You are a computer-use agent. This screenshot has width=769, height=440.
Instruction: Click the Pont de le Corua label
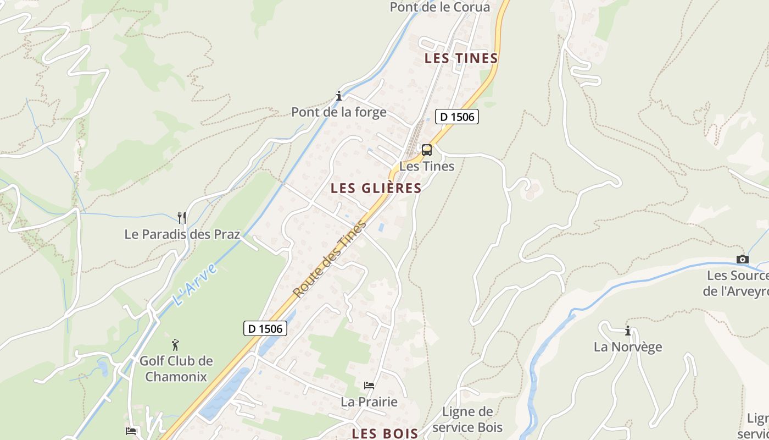pyautogui.click(x=439, y=7)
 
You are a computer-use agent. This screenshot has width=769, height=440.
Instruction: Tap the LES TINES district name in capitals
pyautogui.click(x=461, y=58)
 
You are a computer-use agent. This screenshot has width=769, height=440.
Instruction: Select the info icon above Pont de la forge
pyautogui.click(x=339, y=96)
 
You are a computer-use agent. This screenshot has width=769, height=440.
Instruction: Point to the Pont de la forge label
pyautogui.click(x=338, y=112)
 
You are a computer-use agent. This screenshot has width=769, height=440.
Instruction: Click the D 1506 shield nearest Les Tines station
pyautogui.click(x=457, y=117)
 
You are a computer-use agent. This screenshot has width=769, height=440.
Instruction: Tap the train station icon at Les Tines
pyautogui.click(x=427, y=150)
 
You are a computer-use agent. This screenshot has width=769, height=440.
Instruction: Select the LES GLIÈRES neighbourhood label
pyautogui.click(x=376, y=189)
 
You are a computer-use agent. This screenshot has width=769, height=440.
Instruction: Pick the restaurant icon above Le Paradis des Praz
pyautogui.click(x=182, y=217)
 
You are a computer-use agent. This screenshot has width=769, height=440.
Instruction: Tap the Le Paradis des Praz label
pyautogui.click(x=182, y=234)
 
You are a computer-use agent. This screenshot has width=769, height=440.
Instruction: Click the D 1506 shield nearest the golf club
pyautogui.click(x=265, y=329)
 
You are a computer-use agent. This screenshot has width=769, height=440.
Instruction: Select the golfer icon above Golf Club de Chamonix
pyautogui.click(x=176, y=345)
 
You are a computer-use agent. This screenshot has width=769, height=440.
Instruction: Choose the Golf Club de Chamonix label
pyautogui.click(x=176, y=369)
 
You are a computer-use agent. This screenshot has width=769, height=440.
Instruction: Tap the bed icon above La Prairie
pyautogui.click(x=369, y=386)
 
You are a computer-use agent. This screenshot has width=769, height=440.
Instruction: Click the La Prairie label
pyautogui.click(x=369, y=402)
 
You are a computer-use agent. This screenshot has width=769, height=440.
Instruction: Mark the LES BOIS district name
pyautogui.click(x=385, y=433)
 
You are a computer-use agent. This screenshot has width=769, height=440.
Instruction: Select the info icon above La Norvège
pyautogui.click(x=628, y=331)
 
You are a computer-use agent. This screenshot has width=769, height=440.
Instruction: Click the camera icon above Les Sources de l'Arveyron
pyautogui.click(x=742, y=259)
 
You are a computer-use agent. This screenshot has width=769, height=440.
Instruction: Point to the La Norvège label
pyautogui.click(x=628, y=347)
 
